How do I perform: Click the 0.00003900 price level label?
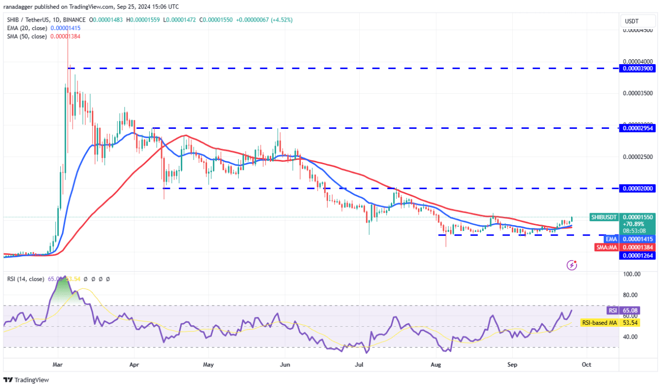[x=638, y=68]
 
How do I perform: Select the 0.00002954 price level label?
[x=638, y=128]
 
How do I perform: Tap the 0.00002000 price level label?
[x=638, y=188]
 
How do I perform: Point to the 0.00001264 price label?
[x=638, y=255]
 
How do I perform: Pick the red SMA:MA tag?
[x=607, y=247]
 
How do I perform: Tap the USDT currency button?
[x=632, y=21]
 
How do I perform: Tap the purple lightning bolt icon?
[x=572, y=265]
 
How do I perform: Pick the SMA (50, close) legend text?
[x=27, y=37]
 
